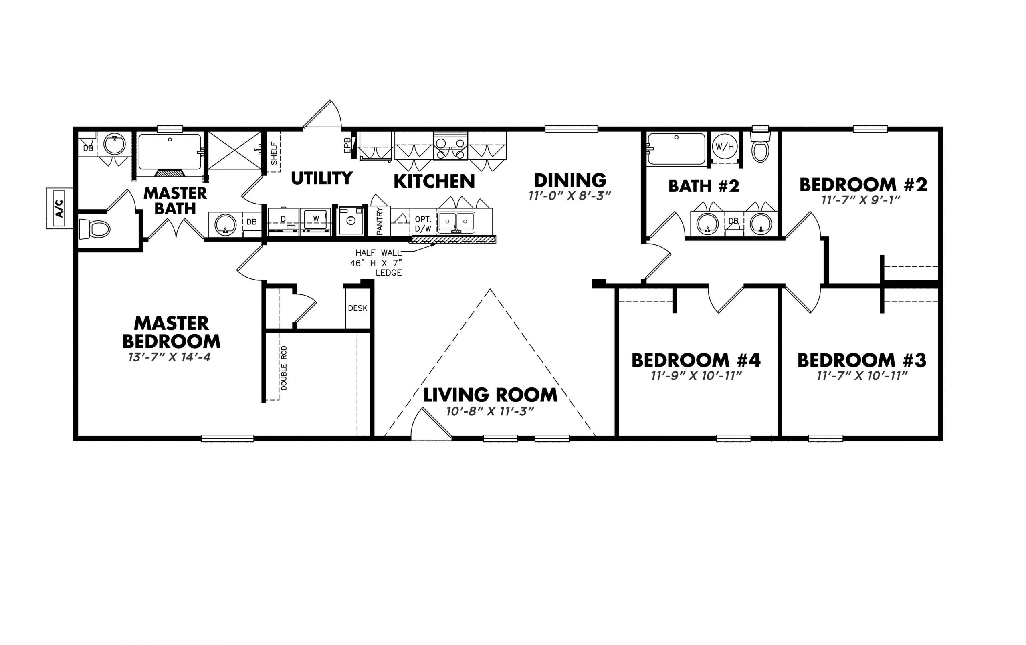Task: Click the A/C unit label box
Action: pos(60,208)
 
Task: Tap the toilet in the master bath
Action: pos(94,229)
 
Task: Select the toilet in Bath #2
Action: pos(760,147)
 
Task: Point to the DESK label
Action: pos(357,308)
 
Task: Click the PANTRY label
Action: pos(380,221)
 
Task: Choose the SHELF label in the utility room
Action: pos(274,153)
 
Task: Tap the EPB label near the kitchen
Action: pos(347,145)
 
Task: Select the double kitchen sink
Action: pos(456,222)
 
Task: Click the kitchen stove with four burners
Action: pos(450,146)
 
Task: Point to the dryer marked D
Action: pos(283,221)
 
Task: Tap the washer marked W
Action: pos(315,221)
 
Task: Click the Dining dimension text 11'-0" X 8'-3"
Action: pos(570,196)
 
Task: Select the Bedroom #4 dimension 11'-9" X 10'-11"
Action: pos(697,376)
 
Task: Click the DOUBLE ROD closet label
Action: pos(284,368)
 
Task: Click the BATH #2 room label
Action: pos(704,186)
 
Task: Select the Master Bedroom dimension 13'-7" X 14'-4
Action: pos(170,357)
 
